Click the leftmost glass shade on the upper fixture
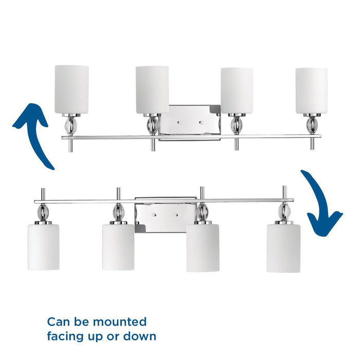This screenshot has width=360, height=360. point(71,89)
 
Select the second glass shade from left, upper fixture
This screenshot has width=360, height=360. point(152,89)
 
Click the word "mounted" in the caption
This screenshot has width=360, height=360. point(120,322)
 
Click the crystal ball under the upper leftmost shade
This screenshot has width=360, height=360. point(71,126)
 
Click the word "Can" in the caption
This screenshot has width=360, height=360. point(58,322)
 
